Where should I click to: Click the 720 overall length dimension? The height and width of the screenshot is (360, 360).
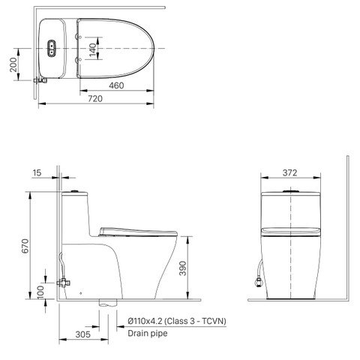[x=95, y=99]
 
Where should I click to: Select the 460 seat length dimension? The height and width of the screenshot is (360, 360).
[x=116, y=85]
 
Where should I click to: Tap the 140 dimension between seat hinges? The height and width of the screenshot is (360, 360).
[x=92, y=49]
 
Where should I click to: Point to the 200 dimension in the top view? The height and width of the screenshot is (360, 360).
[x=13, y=64]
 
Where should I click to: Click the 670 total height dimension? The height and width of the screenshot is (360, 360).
[x=25, y=246]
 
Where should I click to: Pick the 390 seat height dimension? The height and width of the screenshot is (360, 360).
[x=183, y=268]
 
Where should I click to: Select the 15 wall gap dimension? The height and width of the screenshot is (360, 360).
[x=37, y=172]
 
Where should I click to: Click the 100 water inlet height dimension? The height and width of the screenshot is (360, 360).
[x=40, y=292]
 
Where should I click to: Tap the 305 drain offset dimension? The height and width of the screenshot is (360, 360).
[x=82, y=334]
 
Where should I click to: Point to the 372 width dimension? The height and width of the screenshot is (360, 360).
[x=290, y=172]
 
